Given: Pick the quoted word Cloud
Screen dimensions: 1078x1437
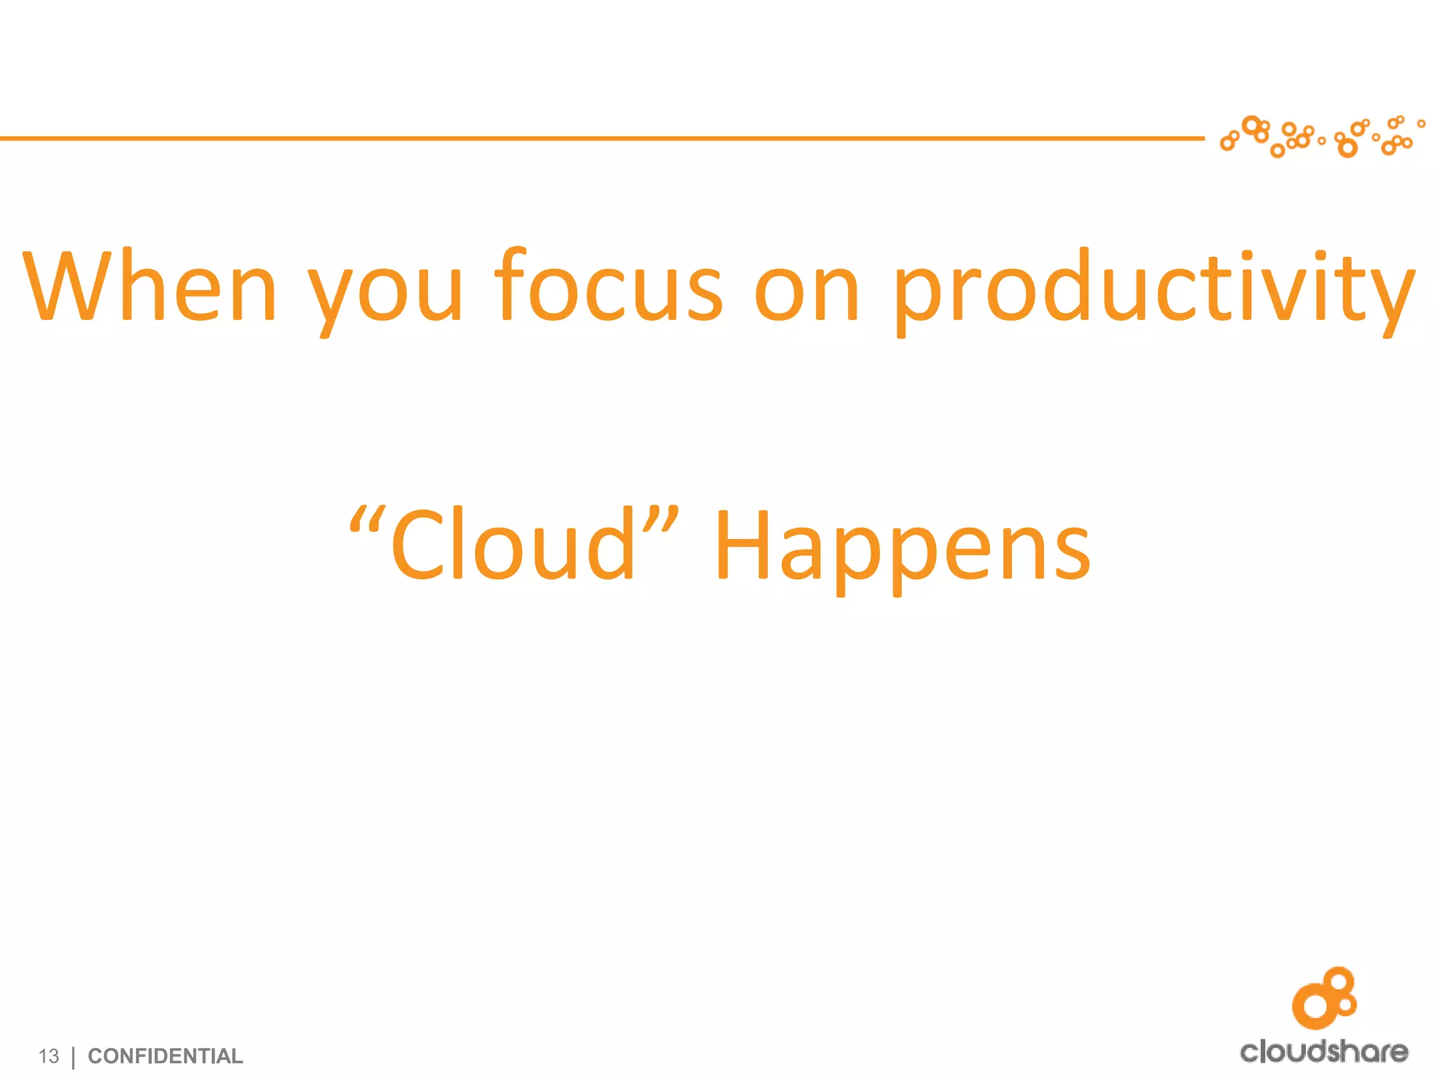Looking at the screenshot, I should [512, 546].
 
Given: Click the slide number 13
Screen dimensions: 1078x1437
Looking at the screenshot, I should [48, 1056].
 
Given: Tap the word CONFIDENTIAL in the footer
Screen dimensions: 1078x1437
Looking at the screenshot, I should [165, 1056].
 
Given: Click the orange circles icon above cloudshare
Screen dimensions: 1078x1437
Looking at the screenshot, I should [1325, 997].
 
